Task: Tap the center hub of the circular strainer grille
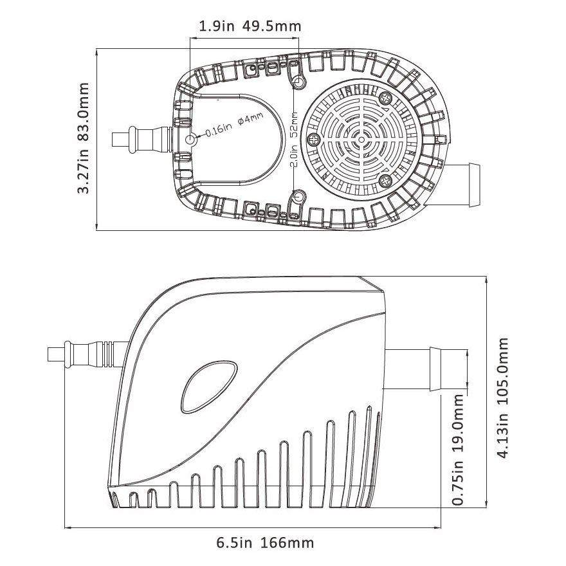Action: pos(362,139)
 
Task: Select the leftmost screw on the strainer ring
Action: pos(315,140)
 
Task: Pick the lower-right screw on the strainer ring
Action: pos(385,180)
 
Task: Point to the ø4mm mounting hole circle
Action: pos(190,140)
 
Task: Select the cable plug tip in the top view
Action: pos(120,140)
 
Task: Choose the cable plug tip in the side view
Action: pos(57,355)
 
